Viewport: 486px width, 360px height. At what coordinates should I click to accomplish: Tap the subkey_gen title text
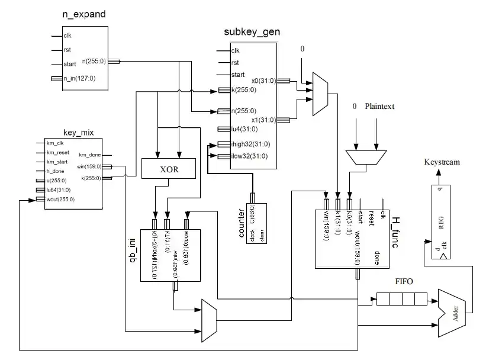(x=252, y=32)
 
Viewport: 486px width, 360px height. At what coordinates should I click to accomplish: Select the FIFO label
(x=404, y=282)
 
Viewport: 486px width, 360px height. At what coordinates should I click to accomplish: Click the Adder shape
(x=453, y=306)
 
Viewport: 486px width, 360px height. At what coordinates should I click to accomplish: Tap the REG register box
(x=439, y=220)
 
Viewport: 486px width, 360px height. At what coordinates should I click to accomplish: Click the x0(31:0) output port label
(x=263, y=80)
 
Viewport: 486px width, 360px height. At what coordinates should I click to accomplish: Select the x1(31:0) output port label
(x=263, y=120)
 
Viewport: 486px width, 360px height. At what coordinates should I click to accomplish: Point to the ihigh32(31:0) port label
(x=252, y=144)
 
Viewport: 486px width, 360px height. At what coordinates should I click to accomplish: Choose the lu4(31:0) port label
(x=243, y=128)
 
